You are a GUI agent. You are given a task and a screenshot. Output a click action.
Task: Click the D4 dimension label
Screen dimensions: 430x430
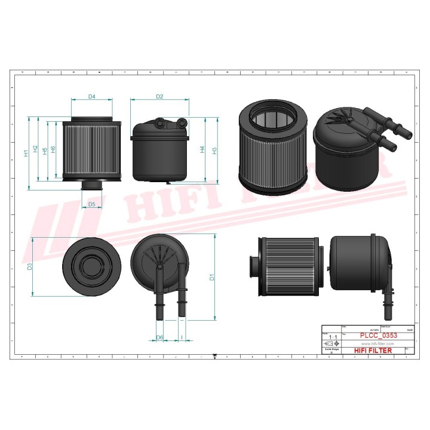pos(92,96)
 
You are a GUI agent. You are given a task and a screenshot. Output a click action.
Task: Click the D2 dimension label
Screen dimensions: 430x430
pos(159,96)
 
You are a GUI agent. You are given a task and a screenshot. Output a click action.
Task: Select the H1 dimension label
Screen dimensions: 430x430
pos(26,153)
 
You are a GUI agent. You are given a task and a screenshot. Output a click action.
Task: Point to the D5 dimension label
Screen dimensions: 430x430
pos(91,204)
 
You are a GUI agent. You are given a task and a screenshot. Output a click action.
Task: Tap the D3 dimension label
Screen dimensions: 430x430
pos(30,266)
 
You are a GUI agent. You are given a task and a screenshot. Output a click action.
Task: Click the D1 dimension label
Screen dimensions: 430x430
pos(211,277)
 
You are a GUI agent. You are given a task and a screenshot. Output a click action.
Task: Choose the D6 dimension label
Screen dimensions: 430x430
pos(159,338)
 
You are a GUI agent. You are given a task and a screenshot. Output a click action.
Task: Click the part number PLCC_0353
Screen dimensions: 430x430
pos(374,336)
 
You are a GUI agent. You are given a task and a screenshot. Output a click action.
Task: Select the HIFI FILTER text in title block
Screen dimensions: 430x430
pos(373,351)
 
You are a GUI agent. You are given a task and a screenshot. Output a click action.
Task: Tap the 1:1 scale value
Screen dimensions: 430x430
pos(331,338)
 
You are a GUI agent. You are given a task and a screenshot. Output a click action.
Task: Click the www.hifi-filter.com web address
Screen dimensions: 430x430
pos(373,344)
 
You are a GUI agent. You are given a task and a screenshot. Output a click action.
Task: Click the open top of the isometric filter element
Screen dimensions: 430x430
pos(272,120)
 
